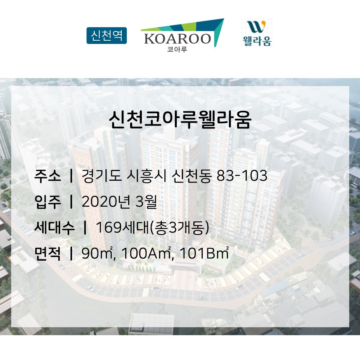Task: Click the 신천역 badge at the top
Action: pos(107,36)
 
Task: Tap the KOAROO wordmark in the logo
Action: pos(177,39)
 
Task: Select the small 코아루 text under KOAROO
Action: pos(177,49)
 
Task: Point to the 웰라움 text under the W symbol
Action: pos(257,41)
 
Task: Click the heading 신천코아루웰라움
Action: pos(180,120)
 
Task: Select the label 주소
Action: pos(48,176)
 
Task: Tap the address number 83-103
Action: pos(242,176)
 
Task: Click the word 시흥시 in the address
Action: pos(147,176)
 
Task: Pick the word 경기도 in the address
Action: pos(102,176)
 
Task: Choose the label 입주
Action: pos(48,202)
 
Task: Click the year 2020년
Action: pos(106,202)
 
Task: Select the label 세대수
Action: pos(55,228)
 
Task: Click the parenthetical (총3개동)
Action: pos(180,228)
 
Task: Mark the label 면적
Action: pos(48,253)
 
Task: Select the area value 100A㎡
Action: pos(147,253)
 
